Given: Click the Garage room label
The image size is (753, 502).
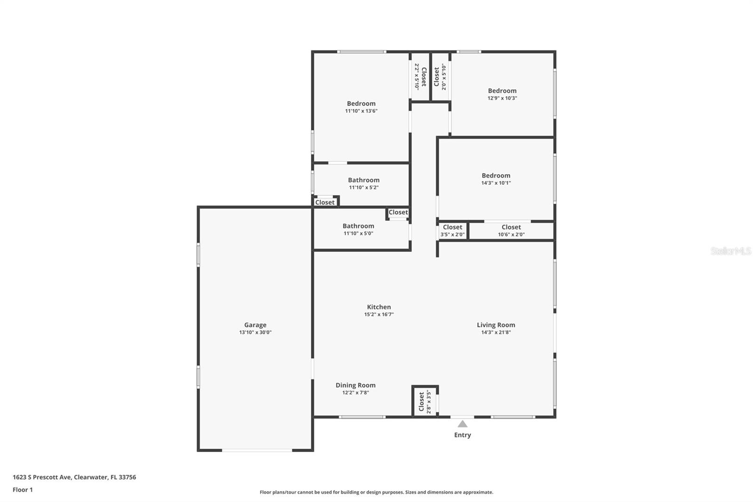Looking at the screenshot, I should pos(255,325).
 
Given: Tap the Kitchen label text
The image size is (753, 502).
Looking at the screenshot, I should pos(379,307).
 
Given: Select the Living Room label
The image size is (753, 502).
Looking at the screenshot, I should pos(496,325).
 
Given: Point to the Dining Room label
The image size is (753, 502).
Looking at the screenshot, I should pos(355,385).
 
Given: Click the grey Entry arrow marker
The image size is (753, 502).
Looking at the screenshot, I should pos(463,424).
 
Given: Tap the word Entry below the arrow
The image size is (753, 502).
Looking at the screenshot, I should pos(462,435).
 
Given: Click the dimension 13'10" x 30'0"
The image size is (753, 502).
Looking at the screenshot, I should pos(255,332).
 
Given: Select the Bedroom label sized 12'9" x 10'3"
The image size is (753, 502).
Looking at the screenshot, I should pos(502,91).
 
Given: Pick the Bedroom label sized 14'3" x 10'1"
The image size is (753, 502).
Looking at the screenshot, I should pos(496,176).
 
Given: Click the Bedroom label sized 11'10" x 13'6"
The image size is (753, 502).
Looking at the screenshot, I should pos(361,104).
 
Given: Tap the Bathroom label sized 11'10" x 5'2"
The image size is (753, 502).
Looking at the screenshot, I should pos(363,180).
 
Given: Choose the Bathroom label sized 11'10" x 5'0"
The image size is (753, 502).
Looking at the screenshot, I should pos(358,226).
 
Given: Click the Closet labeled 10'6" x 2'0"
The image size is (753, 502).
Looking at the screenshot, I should pos(511,227).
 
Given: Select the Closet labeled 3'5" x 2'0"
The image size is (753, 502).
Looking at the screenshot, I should pos(452,227).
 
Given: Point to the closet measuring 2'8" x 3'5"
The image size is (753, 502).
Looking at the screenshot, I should pos(422,402).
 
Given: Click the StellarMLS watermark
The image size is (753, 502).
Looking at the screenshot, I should pos(730,251).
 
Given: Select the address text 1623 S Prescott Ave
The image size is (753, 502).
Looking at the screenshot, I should pos(42,477).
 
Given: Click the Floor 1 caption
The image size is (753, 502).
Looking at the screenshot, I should pos(23,490).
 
